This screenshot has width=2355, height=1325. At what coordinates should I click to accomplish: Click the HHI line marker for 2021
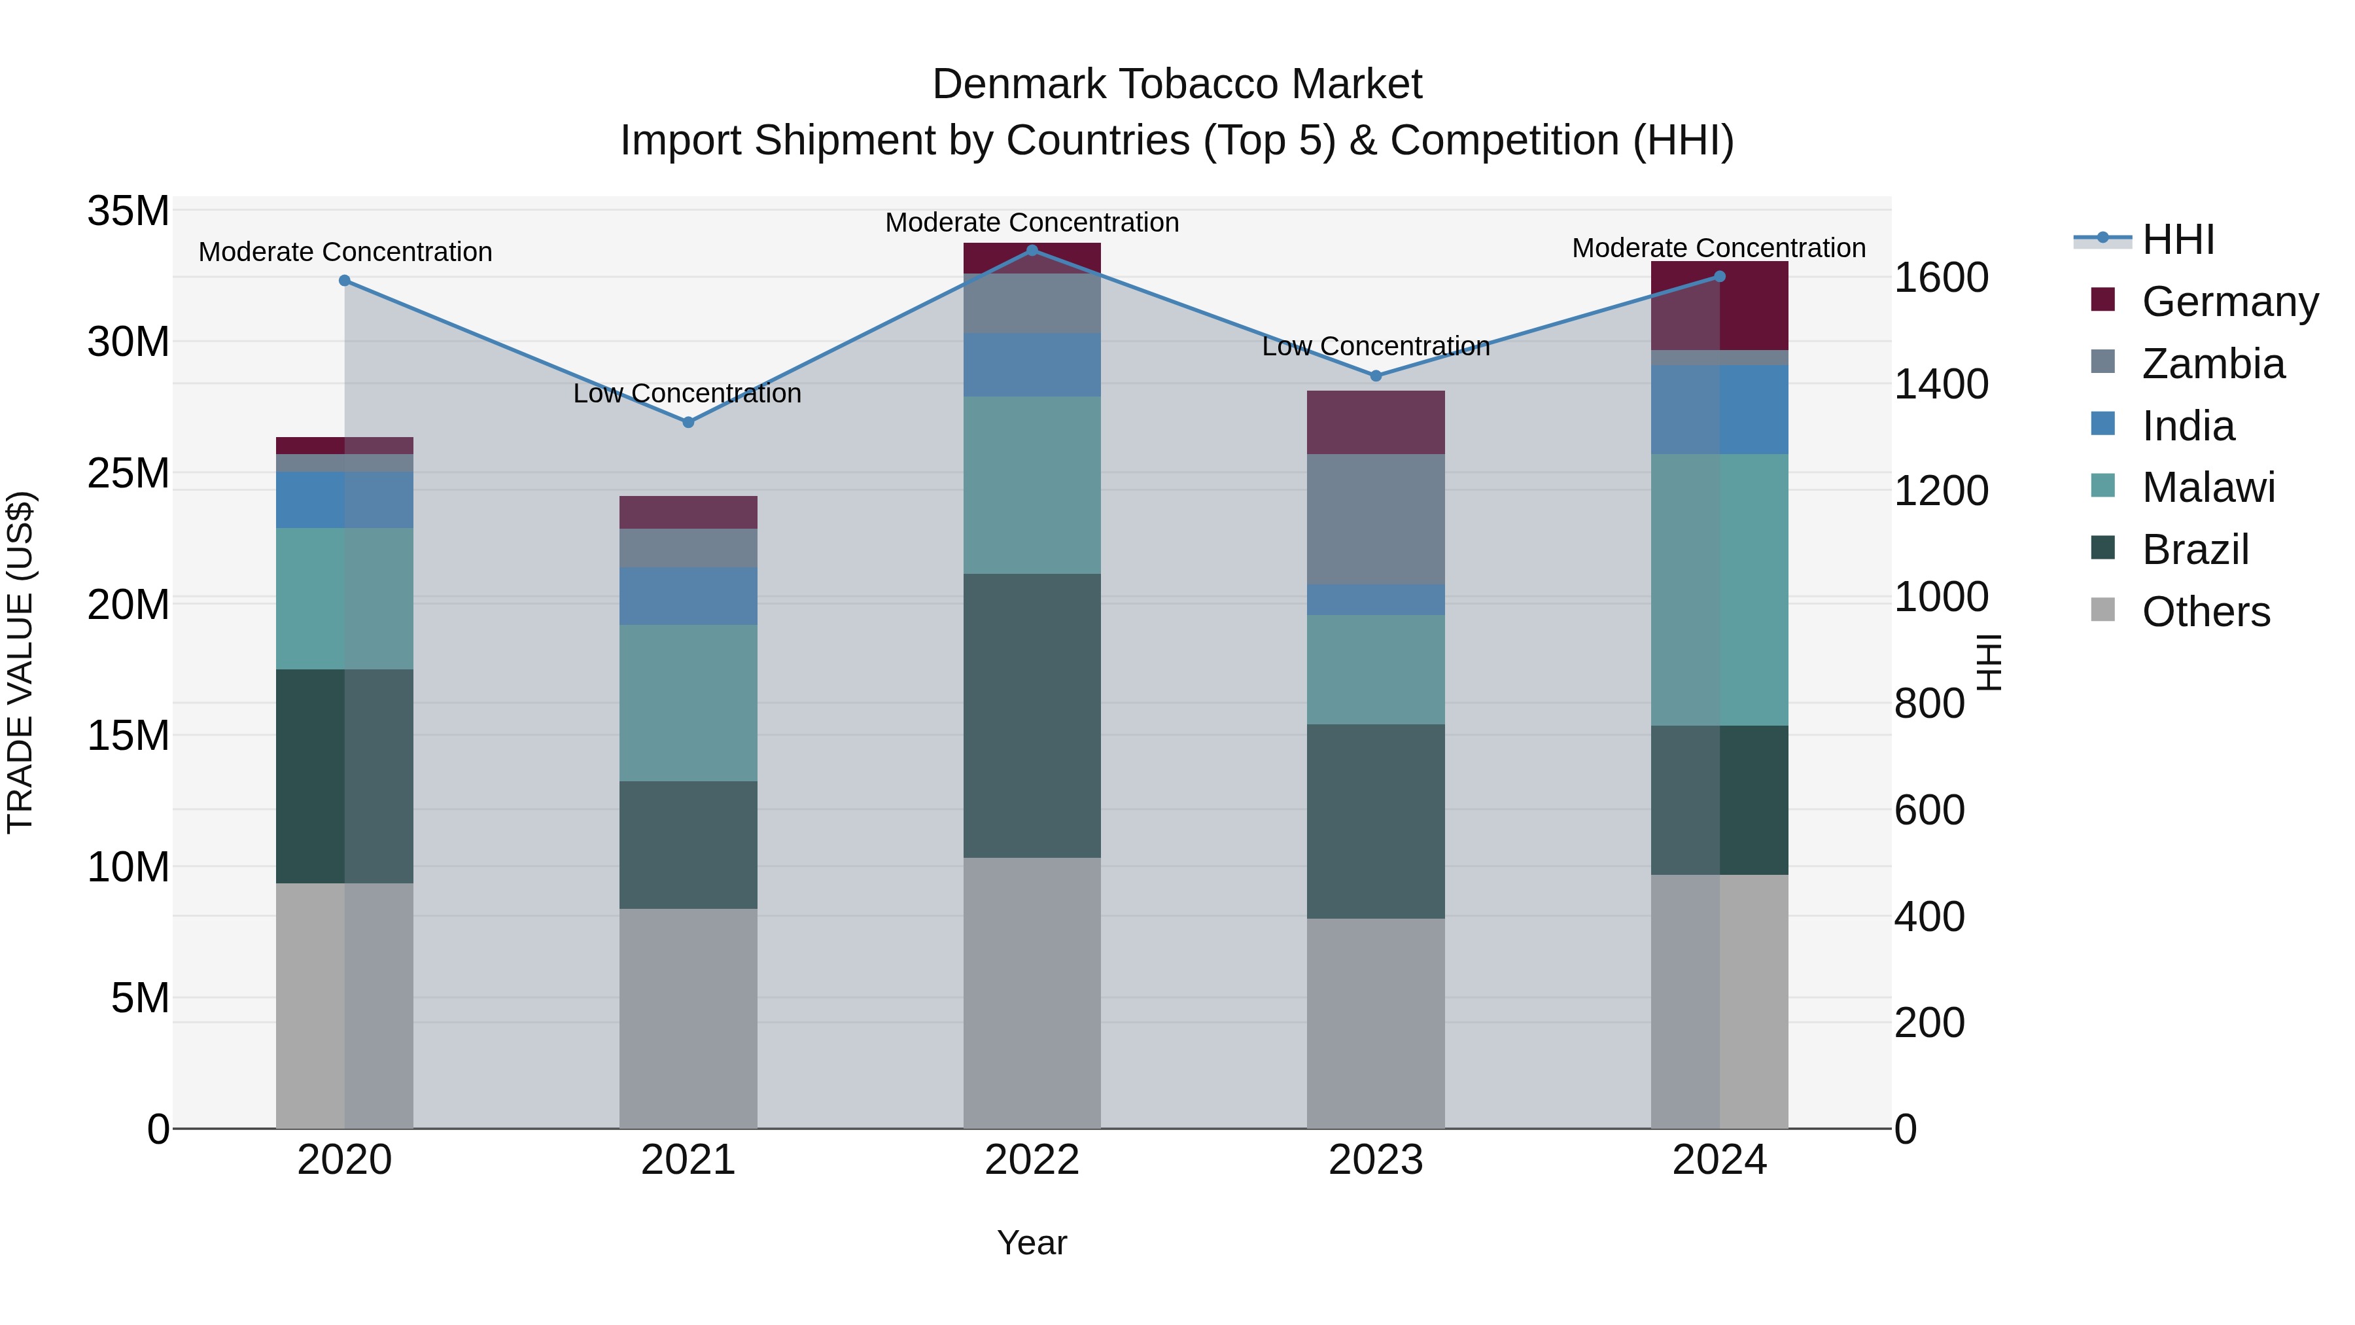coord(688,423)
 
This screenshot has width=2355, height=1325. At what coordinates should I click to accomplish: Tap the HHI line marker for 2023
coord(1376,376)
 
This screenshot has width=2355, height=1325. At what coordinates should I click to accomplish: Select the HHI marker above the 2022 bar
coord(1032,250)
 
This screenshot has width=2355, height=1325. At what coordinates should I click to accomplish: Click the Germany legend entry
coord(2229,302)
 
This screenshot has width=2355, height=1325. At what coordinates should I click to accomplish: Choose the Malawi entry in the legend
coord(2208,487)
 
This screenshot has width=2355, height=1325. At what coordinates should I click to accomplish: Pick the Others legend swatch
coord(2102,610)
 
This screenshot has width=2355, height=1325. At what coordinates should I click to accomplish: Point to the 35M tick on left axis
coord(128,211)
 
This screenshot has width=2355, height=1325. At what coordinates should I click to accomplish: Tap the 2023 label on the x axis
coord(1375,1160)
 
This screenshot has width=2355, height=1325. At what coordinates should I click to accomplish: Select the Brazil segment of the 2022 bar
coord(1032,715)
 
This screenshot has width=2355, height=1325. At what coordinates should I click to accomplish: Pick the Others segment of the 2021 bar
coord(688,1017)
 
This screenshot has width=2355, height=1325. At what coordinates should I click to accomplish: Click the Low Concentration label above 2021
coord(688,393)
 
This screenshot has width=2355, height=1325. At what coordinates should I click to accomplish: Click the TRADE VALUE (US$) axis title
coord(20,662)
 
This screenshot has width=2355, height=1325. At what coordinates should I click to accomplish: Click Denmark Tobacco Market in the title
coord(1177,84)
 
